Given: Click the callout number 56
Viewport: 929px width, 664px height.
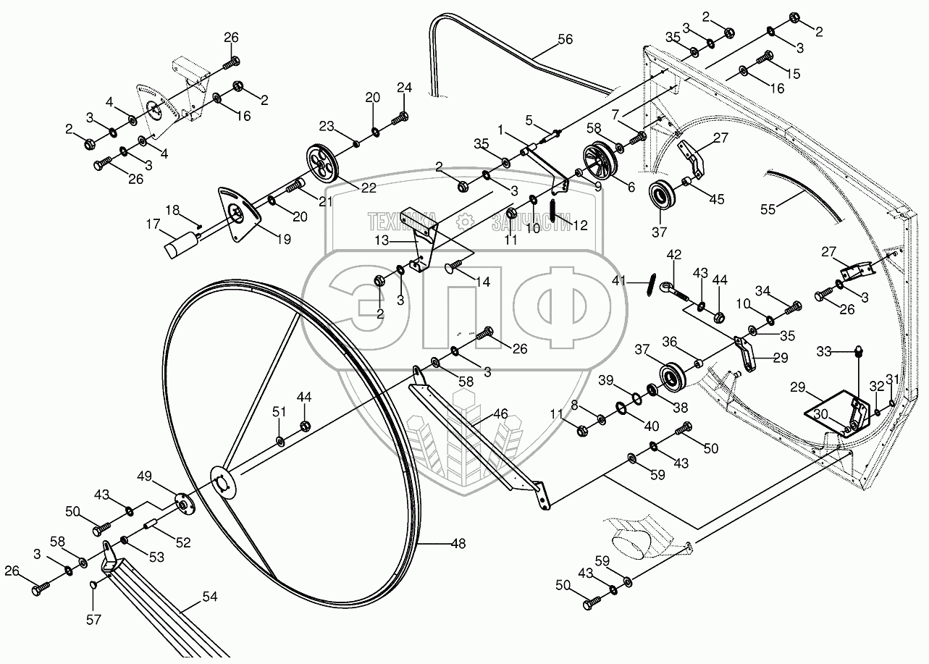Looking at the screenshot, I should pos(564,39).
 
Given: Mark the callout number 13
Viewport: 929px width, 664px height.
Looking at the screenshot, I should pos(382,239).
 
